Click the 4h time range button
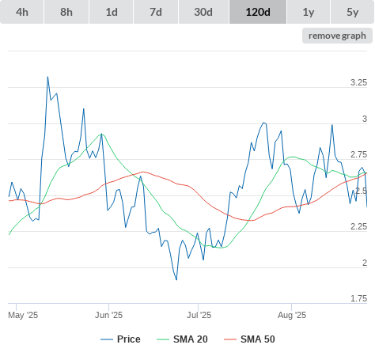point(22,12)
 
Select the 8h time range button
point(66,12)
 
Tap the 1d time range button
point(112,12)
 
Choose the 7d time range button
point(156,12)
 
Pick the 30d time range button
point(203,12)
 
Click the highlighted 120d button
point(258,12)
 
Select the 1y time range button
point(309,12)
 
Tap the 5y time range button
point(353,12)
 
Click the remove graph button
point(337,36)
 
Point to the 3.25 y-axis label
point(358,82)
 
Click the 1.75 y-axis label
point(358,298)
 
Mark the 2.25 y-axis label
point(358,226)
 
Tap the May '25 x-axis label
point(23,315)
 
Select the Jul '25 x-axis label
point(199,315)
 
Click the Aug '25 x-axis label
point(292,315)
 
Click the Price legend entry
point(120,339)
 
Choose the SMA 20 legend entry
point(182,339)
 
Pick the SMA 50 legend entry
point(249,339)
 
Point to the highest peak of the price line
point(47,77)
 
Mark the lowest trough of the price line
point(176,280)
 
